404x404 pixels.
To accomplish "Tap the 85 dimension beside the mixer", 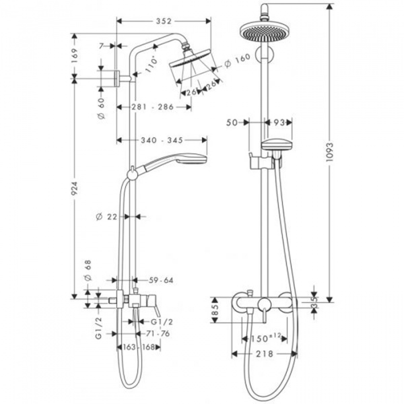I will (x=215, y=312).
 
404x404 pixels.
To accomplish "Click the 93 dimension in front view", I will (x=281, y=123).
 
